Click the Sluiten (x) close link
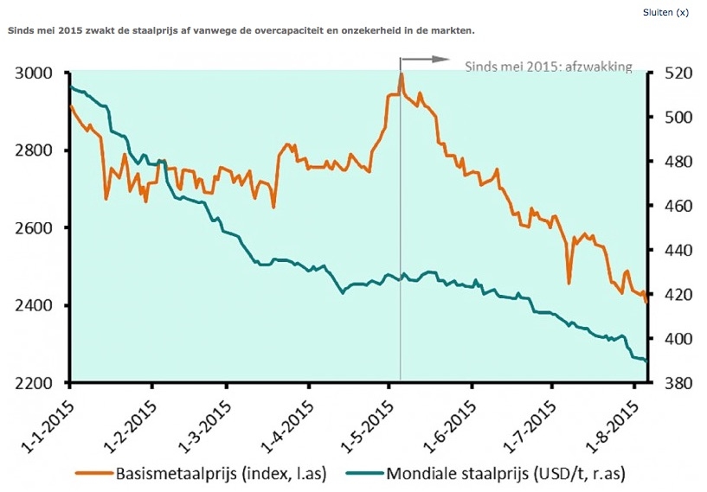(x=665, y=13)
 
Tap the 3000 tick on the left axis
(x=35, y=73)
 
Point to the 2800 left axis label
(x=35, y=150)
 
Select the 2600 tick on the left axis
(x=35, y=228)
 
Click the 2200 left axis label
(x=35, y=383)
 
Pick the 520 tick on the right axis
(x=675, y=73)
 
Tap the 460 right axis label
(x=675, y=206)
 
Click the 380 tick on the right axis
(x=675, y=383)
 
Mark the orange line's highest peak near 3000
(x=401, y=74)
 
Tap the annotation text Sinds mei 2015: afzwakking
(x=549, y=66)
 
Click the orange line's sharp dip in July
(x=569, y=282)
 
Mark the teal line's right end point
(x=646, y=361)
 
